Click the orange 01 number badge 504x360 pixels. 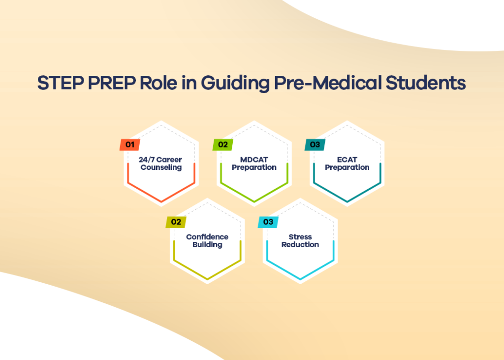[x=130, y=145]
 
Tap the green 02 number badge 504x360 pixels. [x=223, y=145]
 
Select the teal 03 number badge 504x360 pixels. [x=315, y=145]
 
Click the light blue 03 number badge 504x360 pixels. [x=269, y=222]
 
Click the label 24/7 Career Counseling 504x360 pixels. [x=161, y=164]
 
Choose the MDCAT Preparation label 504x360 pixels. [x=254, y=164]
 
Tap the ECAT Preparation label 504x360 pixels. [x=347, y=164]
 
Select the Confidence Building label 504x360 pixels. [x=207, y=241]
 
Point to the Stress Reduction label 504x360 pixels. [x=300, y=241]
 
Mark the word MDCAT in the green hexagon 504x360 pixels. [x=254, y=160]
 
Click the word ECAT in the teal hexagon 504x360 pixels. [x=347, y=160]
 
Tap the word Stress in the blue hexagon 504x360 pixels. [x=300, y=237]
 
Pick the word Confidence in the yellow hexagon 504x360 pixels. [x=207, y=237]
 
